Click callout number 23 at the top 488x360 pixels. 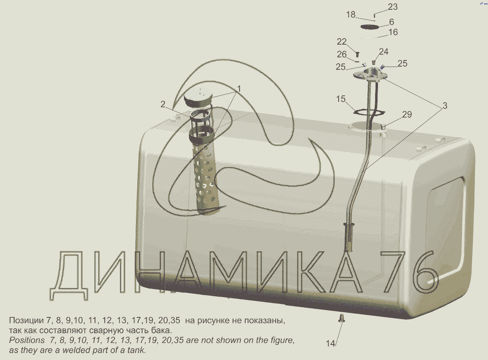click(393, 7)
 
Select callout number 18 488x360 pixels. click(351, 15)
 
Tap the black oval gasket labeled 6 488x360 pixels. click(369, 27)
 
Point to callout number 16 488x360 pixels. click(393, 32)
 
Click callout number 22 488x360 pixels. click(342, 41)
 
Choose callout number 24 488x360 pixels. click(384, 52)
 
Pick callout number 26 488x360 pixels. click(342, 54)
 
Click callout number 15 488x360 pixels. click(341, 99)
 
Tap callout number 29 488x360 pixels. click(407, 114)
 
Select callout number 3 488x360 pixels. click(445, 106)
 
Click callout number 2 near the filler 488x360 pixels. click(163, 104)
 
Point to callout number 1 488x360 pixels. click(239, 89)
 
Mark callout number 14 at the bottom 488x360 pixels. click(330, 343)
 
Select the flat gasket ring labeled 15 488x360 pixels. click(369, 112)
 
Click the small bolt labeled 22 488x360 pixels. click(358, 54)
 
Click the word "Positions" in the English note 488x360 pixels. click(27, 341)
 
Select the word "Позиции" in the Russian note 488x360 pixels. click(26, 321)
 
